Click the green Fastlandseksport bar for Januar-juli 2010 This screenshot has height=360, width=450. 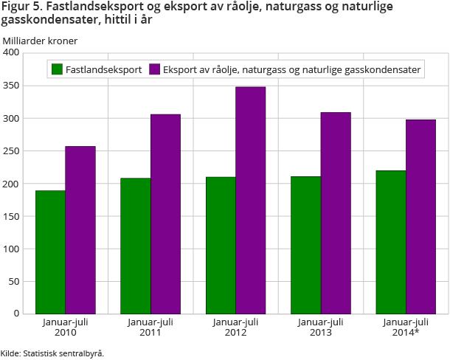[x=50, y=252]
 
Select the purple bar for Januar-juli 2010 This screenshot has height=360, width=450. [x=80, y=229]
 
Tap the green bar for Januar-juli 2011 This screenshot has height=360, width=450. [x=136, y=246]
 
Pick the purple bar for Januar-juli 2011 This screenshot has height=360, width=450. [x=165, y=214]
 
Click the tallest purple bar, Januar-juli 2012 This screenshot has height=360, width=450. [x=250, y=200]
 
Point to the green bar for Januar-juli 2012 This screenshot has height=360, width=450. [x=221, y=245]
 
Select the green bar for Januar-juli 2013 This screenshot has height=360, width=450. [x=305, y=245]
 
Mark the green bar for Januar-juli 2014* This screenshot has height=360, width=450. [x=390, y=242]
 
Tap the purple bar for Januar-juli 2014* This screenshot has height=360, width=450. [x=420, y=216]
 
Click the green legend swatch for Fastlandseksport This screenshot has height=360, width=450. [x=56, y=70]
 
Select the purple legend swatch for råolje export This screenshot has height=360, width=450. [x=155, y=70]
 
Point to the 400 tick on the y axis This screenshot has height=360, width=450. [x=11, y=53]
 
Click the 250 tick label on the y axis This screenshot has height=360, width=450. [x=11, y=151]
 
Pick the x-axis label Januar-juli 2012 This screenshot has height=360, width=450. [x=235, y=327]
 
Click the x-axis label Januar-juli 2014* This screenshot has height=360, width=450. [x=406, y=327]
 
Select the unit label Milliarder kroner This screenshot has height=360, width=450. [x=40, y=40]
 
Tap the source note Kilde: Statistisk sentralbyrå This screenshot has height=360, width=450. [x=52, y=353]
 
